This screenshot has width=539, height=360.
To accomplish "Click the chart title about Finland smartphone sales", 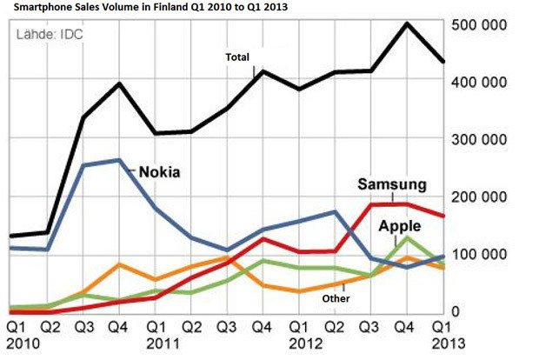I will (x=149, y=7).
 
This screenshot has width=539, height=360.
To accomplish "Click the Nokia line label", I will (x=159, y=172).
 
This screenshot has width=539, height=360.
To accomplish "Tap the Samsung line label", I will (x=391, y=184).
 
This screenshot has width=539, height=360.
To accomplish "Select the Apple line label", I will (x=399, y=226).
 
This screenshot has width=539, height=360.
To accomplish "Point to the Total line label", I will (x=237, y=57).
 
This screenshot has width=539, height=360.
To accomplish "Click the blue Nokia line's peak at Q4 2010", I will (x=118, y=160).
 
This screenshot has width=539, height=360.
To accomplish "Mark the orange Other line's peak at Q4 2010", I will (x=118, y=264).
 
